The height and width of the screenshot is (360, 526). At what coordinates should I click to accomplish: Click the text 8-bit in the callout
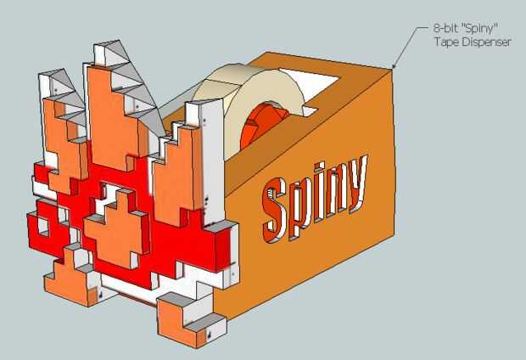445,28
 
